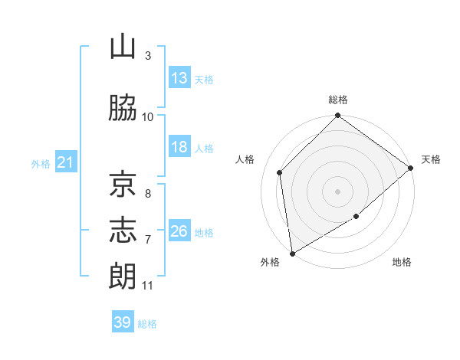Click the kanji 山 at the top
(123, 48)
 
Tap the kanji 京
(123, 185)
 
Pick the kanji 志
(123, 230)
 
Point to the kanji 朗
(123, 276)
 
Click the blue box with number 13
(179, 78)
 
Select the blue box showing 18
(179, 148)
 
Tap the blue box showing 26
(179, 231)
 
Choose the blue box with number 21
(65, 162)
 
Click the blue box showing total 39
(123, 322)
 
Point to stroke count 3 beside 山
(148, 56)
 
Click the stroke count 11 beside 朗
(147, 286)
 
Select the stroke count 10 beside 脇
(148, 116)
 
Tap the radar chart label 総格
(338, 100)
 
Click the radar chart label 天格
(431, 159)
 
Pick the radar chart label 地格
(402, 263)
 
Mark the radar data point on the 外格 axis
(292, 253)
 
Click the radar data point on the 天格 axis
(411, 168)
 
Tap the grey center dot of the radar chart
(338, 191)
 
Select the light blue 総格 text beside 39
(147, 324)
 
